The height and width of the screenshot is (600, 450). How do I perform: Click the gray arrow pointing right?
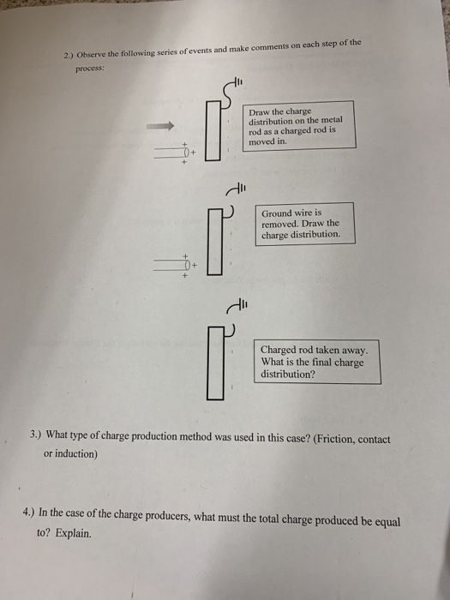point(159,126)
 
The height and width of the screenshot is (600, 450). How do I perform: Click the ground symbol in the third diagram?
point(237,303)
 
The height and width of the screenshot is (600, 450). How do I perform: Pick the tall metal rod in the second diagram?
point(215,244)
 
